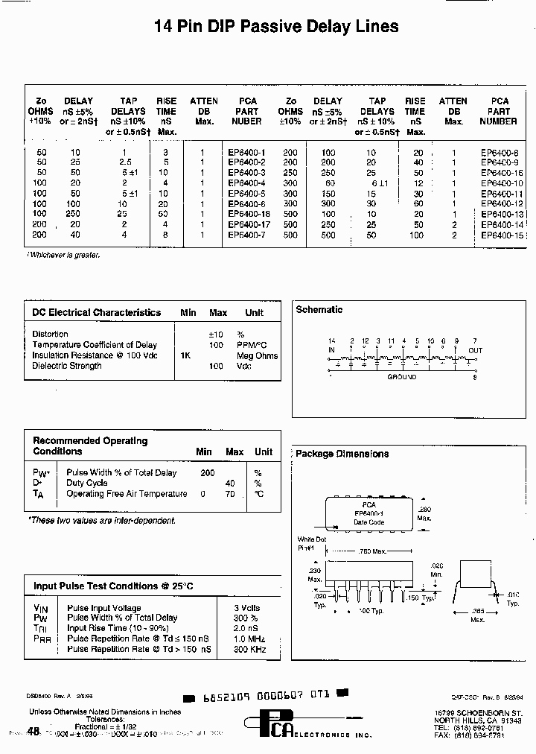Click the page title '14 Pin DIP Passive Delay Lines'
click(x=276, y=28)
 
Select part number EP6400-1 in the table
click(x=246, y=152)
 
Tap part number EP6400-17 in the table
click(x=249, y=224)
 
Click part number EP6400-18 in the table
click(x=249, y=214)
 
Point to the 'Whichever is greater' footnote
click(x=64, y=255)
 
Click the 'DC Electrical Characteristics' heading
click(x=97, y=313)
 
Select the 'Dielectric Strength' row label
click(x=67, y=366)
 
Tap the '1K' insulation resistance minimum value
click(x=185, y=355)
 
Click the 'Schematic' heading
click(x=319, y=309)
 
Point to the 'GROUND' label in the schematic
click(x=402, y=378)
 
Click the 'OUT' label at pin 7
click(x=475, y=350)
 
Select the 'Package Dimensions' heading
click(x=342, y=454)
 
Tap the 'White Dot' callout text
click(x=312, y=539)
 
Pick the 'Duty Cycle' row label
click(x=87, y=483)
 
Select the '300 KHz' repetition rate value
click(x=251, y=650)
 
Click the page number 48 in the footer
click(x=33, y=732)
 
